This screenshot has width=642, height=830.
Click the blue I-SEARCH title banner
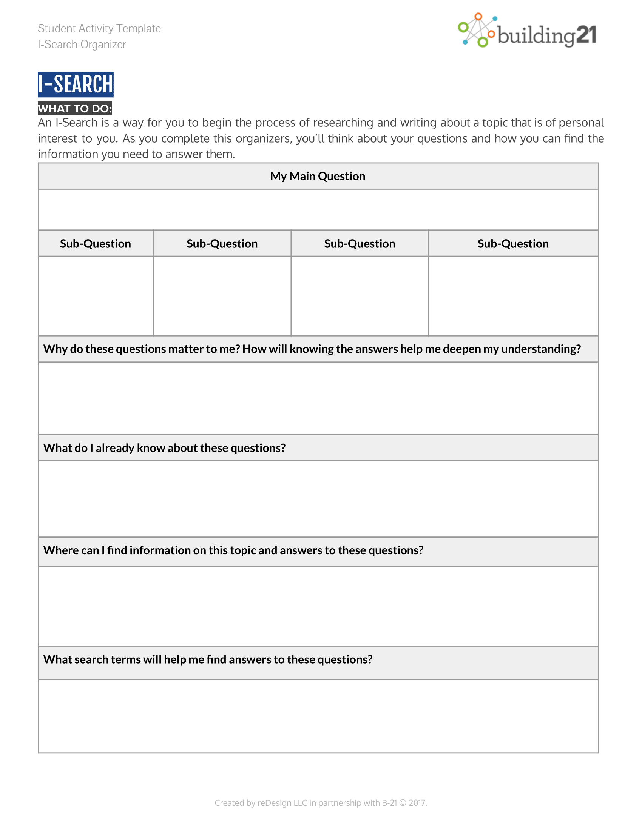click(x=75, y=85)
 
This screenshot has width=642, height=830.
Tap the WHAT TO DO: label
click(x=74, y=109)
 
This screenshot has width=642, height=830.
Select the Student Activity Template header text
click(x=99, y=29)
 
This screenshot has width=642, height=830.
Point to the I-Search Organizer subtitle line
click(x=82, y=45)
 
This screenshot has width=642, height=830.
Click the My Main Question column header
click(x=318, y=176)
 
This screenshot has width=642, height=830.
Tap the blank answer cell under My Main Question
click(x=318, y=209)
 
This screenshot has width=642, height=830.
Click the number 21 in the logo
click(x=586, y=35)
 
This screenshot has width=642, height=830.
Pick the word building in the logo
click(x=536, y=36)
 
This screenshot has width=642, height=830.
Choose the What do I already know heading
click(x=164, y=448)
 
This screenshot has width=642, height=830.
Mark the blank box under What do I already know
click(x=318, y=499)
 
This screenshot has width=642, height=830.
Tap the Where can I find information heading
click(x=233, y=550)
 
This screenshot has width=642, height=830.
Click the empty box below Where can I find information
click(x=318, y=606)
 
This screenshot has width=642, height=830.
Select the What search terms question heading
click(x=208, y=659)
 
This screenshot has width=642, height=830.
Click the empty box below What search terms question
click(x=318, y=716)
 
